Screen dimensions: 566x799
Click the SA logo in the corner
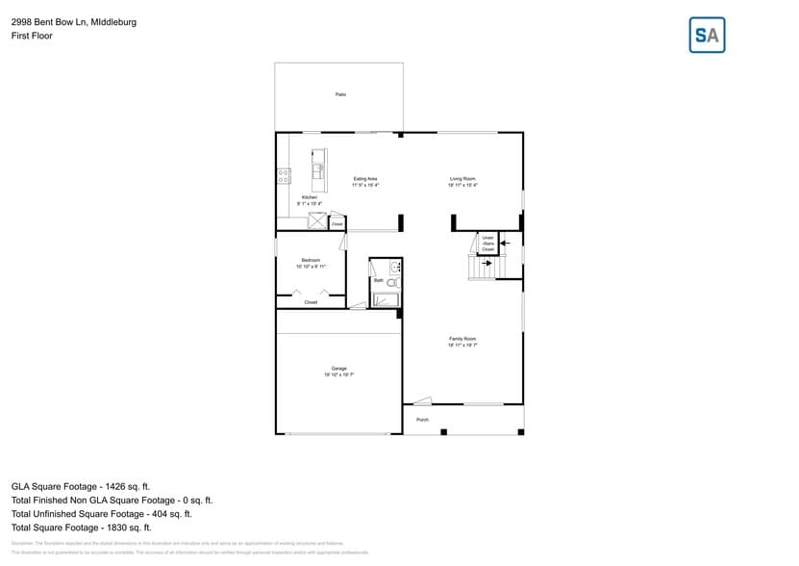pos(708,36)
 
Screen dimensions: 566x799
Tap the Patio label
pos(340,94)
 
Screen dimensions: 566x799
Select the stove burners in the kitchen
pos(284,176)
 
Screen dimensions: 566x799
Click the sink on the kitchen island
pos(316,171)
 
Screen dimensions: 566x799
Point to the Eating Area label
pos(365,179)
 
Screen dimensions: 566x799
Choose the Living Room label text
pos(462,179)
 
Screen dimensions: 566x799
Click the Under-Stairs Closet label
pos(487,244)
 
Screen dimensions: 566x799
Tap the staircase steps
pos(481,269)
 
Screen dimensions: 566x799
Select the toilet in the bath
pos(392,282)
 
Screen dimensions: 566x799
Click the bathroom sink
pos(394,267)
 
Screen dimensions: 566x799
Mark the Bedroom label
pos(311,260)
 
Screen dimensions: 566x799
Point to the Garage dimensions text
pos(339,374)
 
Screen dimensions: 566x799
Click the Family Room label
pos(462,339)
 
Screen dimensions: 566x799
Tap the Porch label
pos(422,420)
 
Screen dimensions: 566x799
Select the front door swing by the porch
pos(423,400)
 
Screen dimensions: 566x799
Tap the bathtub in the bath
pos(386,299)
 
